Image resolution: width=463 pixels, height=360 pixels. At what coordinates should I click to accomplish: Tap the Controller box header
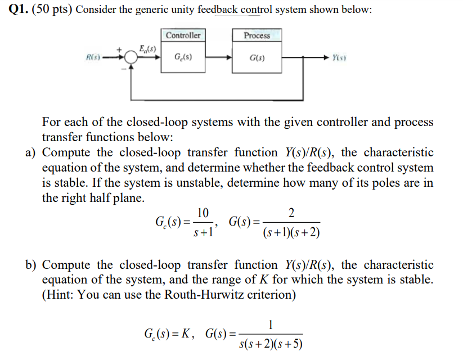click(x=183, y=35)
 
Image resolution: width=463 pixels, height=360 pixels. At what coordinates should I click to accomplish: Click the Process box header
click(x=257, y=35)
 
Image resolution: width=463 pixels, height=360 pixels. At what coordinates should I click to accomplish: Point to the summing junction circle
click(x=131, y=57)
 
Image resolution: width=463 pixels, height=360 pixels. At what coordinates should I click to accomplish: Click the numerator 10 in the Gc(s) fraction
click(x=203, y=212)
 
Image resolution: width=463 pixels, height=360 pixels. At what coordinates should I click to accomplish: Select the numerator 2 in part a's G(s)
click(x=290, y=212)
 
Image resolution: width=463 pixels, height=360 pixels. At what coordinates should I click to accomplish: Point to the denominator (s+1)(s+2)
click(x=291, y=232)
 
